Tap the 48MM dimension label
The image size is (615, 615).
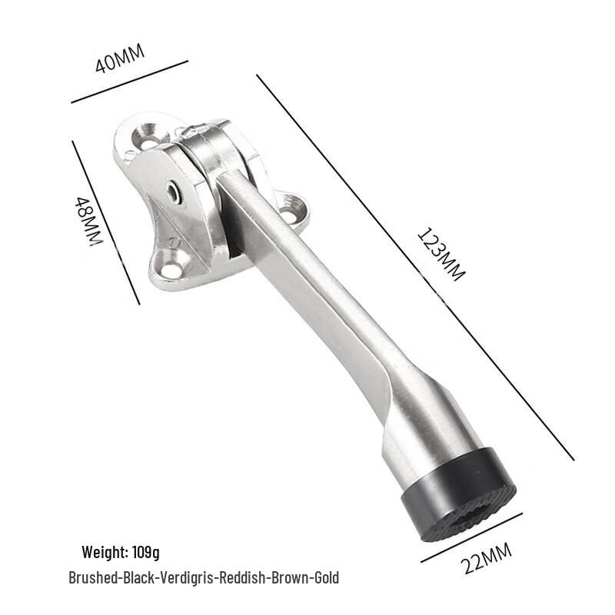(88, 221)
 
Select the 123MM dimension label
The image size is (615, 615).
(440, 254)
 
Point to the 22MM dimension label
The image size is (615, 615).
(487, 558)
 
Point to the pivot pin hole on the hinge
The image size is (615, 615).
(171, 192)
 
